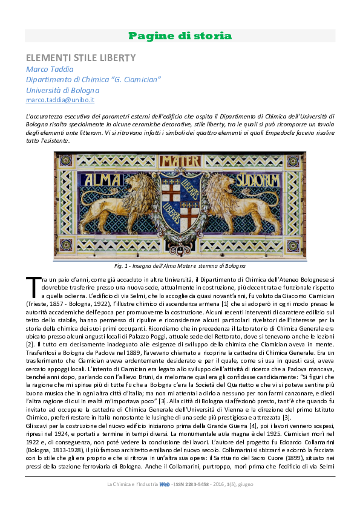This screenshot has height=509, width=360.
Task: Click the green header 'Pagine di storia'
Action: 180,36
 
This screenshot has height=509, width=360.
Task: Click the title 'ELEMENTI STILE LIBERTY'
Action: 80,58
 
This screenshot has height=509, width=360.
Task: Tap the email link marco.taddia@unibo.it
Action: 60,100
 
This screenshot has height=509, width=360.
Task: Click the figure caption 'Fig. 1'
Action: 180,265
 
